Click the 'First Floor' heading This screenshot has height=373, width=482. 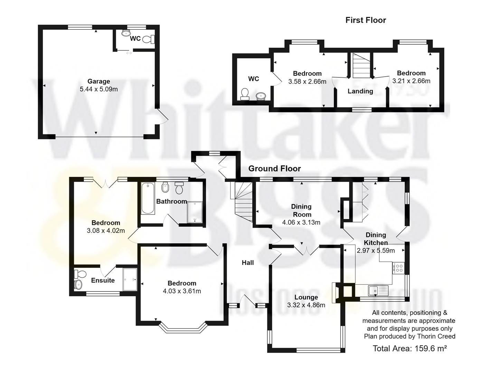coord(366,20)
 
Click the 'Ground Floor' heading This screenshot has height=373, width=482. coord(274,169)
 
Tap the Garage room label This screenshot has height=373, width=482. coord(98,82)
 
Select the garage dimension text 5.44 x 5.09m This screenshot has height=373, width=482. coord(98,89)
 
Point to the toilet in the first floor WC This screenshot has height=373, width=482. coord(245,94)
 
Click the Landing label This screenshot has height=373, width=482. coord(360,91)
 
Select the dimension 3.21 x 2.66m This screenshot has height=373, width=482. coord(411,81)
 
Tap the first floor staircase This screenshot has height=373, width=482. coord(360,66)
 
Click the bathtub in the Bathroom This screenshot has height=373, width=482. coord(148,199)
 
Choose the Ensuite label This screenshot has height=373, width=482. coord(103,280)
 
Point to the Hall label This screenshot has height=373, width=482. coord(247,262)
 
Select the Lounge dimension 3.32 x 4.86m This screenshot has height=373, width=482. coord(306,305)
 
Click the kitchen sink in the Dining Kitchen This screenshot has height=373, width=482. coord(378,291)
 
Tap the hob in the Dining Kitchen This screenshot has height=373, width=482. coord(398,268)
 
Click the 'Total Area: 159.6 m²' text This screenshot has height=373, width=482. coord(409,348)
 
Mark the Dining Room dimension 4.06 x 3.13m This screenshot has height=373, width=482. coord(301,222)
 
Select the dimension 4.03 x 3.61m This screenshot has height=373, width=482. coord(182,291)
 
